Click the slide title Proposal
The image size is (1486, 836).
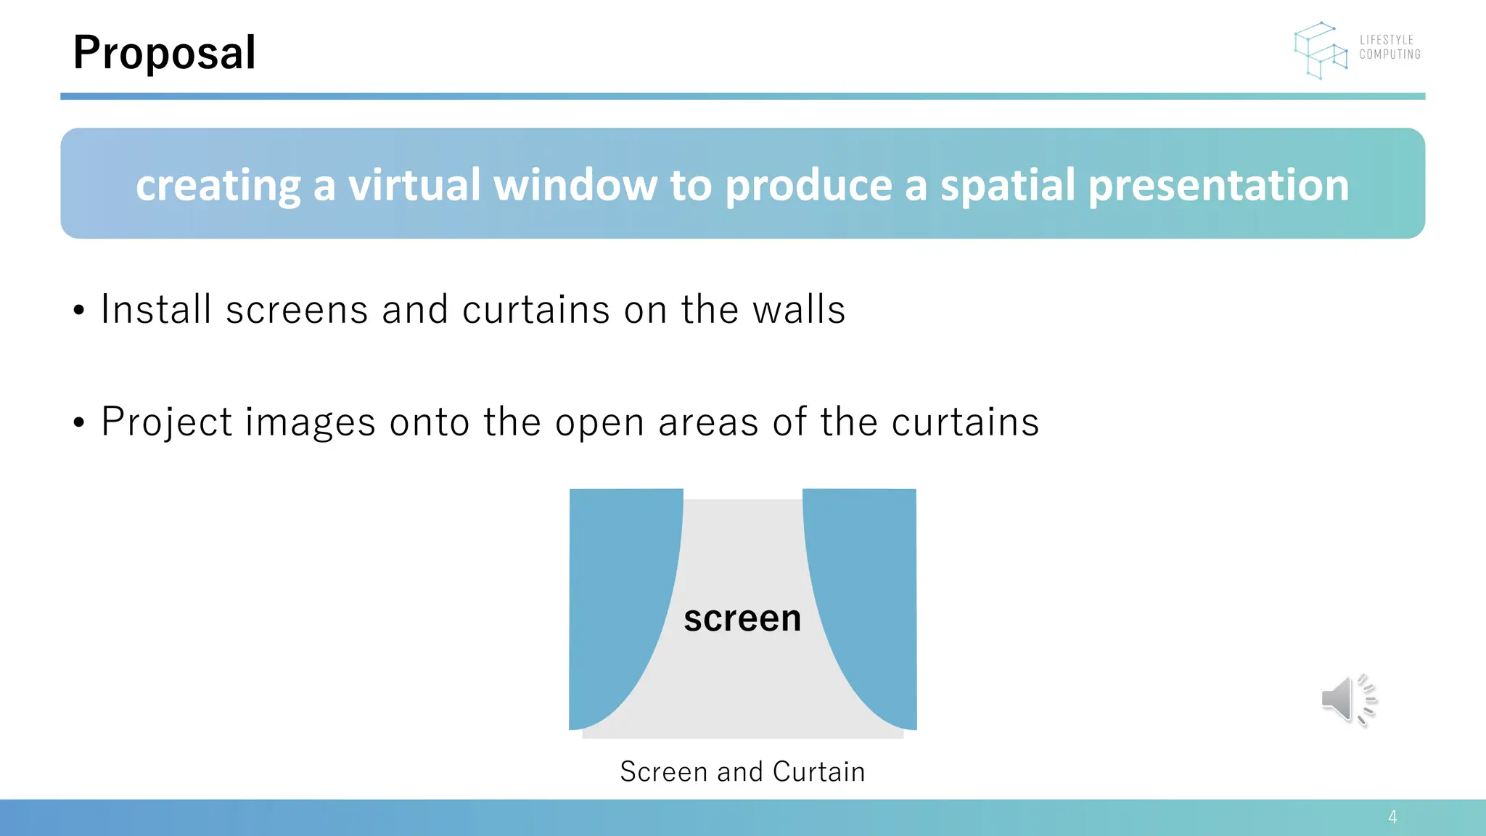pos(164,53)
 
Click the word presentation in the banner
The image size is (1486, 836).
pos(1218,186)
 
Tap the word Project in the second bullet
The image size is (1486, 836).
pos(167,422)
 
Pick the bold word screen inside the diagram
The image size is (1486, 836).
pos(742,618)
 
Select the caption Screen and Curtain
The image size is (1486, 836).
pos(742,771)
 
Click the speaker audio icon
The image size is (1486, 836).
pos(1347,700)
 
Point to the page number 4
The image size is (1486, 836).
pos(1392,817)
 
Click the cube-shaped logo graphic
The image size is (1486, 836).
pos(1321,50)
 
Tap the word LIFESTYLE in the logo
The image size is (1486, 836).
pos(1387,40)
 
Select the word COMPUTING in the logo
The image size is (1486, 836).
pos(1389,54)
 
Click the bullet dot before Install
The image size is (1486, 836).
pos(79,311)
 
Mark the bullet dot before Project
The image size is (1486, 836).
pos(79,423)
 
